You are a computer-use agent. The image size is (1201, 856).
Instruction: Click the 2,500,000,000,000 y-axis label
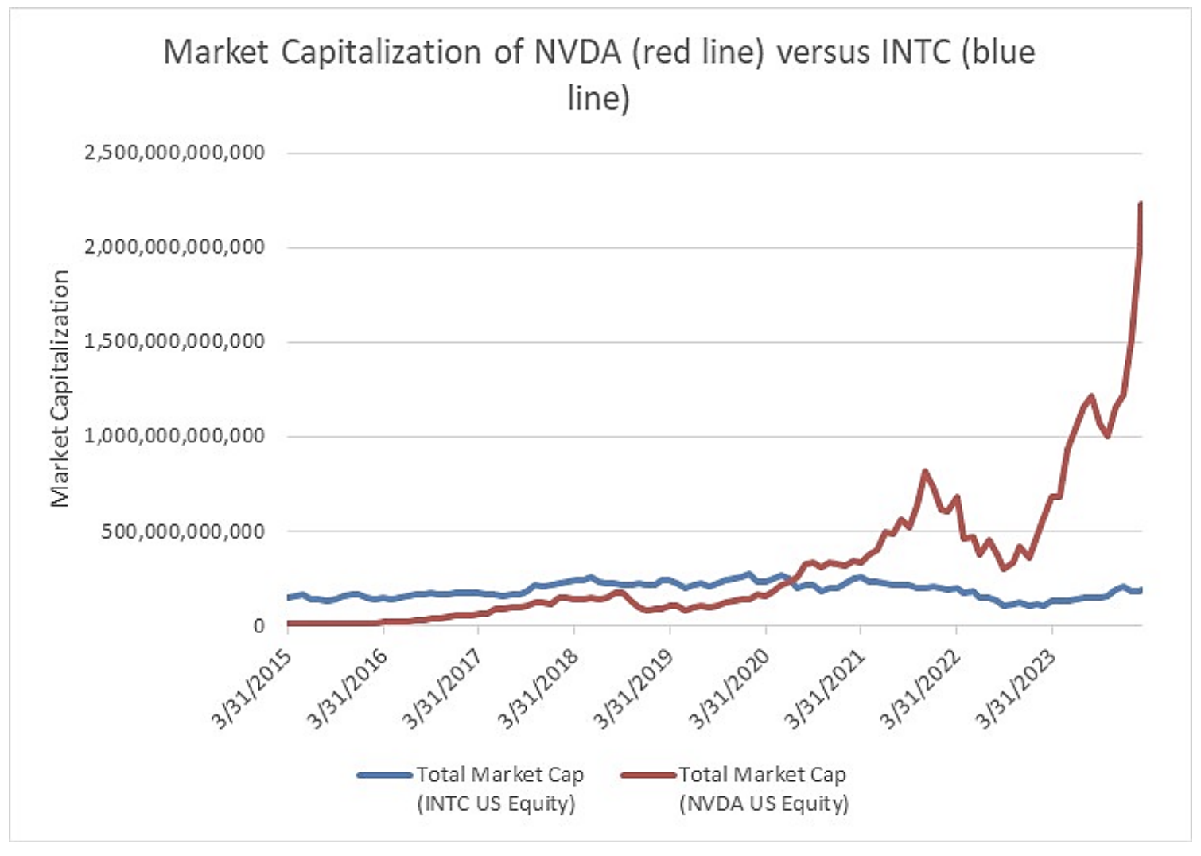pos(174,152)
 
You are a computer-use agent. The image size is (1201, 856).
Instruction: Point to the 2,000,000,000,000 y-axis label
pos(174,247)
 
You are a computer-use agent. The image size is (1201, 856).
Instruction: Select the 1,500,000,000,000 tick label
pos(174,341)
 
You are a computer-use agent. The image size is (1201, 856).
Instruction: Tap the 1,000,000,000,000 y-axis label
pos(174,436)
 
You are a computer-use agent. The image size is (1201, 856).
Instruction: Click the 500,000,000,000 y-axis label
pos(182,531)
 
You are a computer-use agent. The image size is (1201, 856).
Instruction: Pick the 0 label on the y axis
pos(258,626)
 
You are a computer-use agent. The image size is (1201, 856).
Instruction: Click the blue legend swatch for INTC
pos(385,775)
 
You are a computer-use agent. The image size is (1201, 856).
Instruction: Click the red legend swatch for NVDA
pos(647,775)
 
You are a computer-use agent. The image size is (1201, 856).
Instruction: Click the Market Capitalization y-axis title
pos(60,388)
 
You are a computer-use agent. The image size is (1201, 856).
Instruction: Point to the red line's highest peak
pos(1141,204)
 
